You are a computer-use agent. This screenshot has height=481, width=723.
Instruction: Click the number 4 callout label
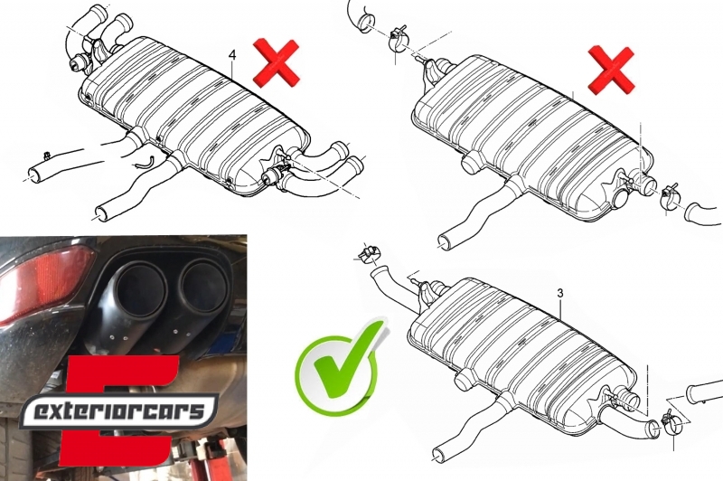[232, 55]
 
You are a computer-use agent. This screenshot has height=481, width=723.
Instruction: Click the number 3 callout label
[560, 293]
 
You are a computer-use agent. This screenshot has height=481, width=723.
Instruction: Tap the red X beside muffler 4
[277, 62]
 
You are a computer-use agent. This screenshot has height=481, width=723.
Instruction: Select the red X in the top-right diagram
[611, 70]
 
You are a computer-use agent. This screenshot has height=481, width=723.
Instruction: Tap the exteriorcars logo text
[119, 410]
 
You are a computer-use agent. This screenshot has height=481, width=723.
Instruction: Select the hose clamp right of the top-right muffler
[669, 196]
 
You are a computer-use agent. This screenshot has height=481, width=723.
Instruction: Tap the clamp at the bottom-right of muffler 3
[671, 422]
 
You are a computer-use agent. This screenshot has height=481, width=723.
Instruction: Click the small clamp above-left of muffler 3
[370, 253]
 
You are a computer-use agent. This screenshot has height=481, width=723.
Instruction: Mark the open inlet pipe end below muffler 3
[438, 454]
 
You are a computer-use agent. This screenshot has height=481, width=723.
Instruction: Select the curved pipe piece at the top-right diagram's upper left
[362, 18]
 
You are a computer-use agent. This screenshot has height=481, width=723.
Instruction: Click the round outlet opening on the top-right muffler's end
[621, 198]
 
